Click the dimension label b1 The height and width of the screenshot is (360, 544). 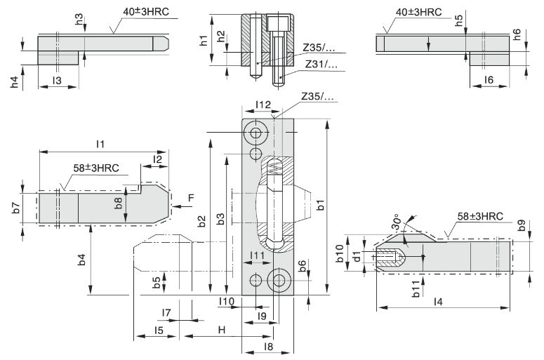tap(321, 206)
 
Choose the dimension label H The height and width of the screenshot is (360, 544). tap(221, 329)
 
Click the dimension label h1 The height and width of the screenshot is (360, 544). tap(204, 41)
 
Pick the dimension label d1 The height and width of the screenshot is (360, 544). tap(357, 257)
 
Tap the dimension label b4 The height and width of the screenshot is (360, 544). tap(82, 259)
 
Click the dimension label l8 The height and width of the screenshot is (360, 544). tap(267, 346)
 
